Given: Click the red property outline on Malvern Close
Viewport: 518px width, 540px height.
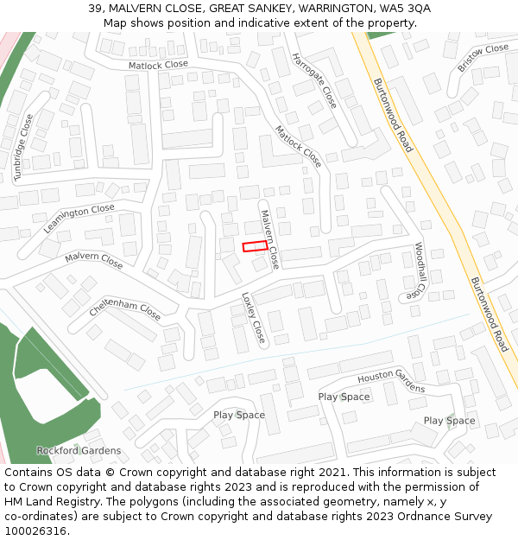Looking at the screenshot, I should pyautogui.click(x=255, y=246).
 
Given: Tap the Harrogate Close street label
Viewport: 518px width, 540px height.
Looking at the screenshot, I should pyautogui.click(x=313, y=81).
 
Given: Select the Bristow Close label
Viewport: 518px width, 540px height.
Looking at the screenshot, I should pyautogui.click(x=483, y=57).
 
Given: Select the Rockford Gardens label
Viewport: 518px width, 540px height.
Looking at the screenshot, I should pyautogui.click(x=79, y=450).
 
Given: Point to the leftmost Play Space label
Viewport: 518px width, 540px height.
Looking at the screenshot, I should pyautogui.click(x=239, y=415).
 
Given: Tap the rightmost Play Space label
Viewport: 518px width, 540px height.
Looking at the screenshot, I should pyautogui.click(x=449, y=421).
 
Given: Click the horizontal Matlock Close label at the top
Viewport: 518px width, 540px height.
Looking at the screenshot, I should pyautogui.click(x=158, y=65).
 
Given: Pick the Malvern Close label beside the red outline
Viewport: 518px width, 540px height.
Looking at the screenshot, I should pyautogui.click(x=269, y=238).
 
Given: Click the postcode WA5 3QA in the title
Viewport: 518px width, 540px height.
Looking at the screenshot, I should pyautogui.click(x=406, y=8).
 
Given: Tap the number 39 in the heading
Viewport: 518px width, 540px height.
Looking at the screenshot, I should pyautogui.click(x=95, y=8).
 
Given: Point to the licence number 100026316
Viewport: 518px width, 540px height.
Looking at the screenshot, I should pyautogui.click(x=35, y=530).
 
